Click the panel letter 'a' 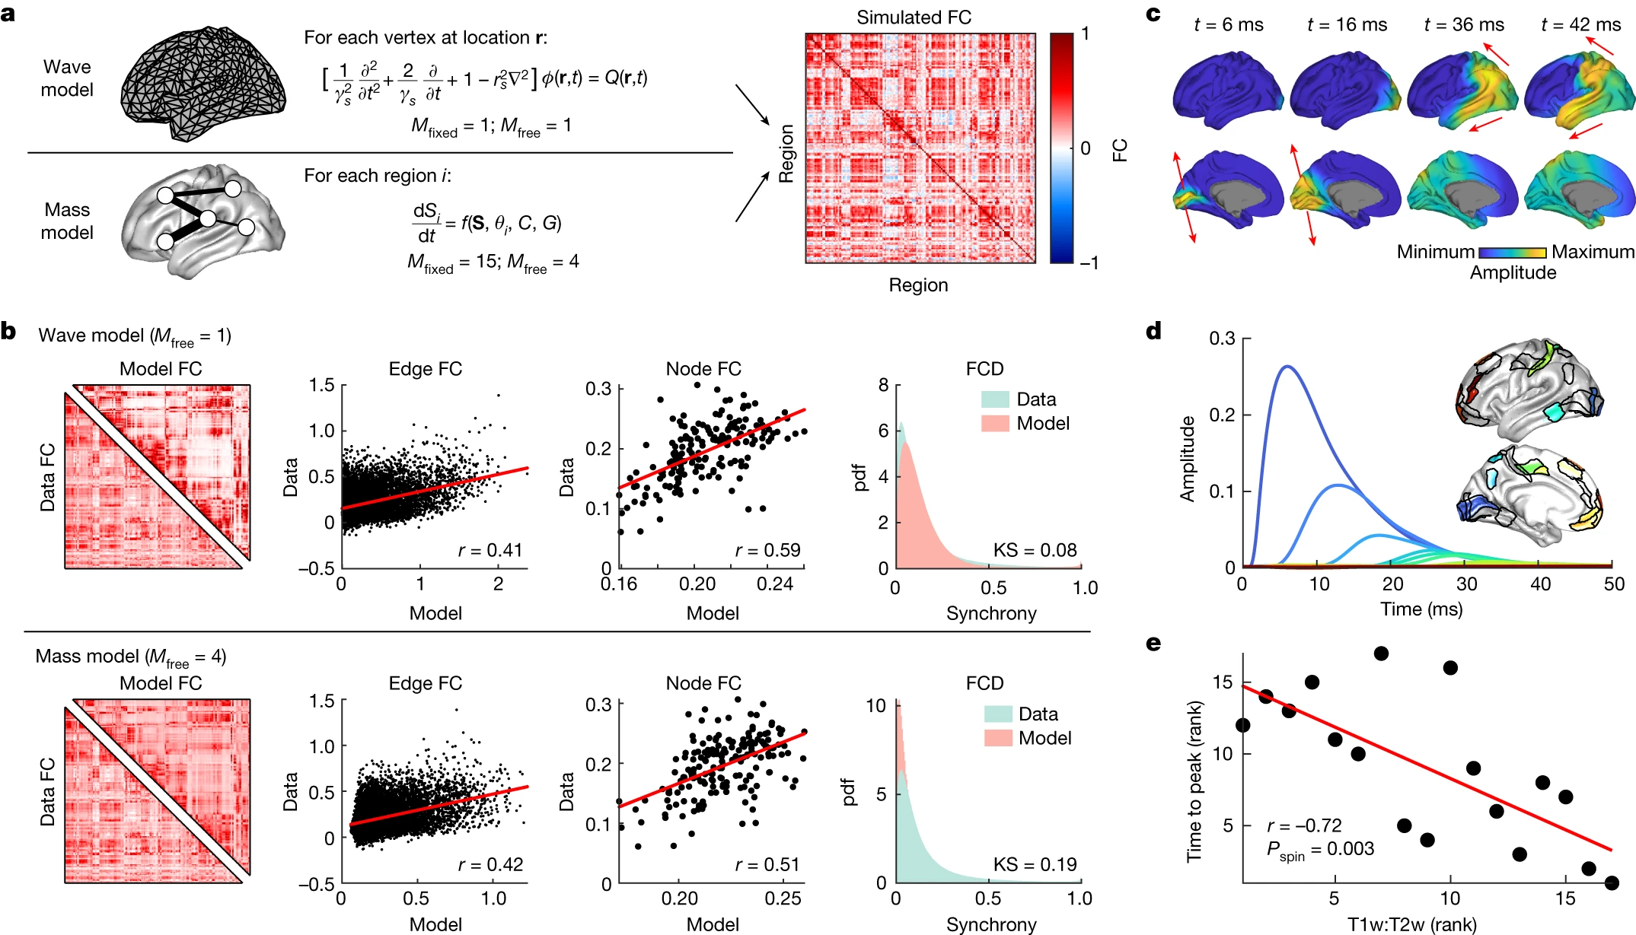click(8, 13)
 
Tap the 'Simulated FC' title click(914, 17)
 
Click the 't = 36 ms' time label click(1463, 24)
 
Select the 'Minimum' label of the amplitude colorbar click(1435, 252)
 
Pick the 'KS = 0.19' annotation click(1035, 864)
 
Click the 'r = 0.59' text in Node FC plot click(767, 550)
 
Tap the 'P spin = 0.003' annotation click(1320, 850)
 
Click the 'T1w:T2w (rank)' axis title click(1411, 924)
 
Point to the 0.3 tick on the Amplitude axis click(1222, 339)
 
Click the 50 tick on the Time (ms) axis click(1614, 584)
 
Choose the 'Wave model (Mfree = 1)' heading click(135, 336)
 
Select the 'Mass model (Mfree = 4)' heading click(131, 657)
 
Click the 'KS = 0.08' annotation click(1035, 550)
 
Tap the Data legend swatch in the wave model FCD click(995, 399)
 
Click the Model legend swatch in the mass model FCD click(997, 738)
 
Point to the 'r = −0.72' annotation click(1304, 825)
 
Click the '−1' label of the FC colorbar click(1089, 262)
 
